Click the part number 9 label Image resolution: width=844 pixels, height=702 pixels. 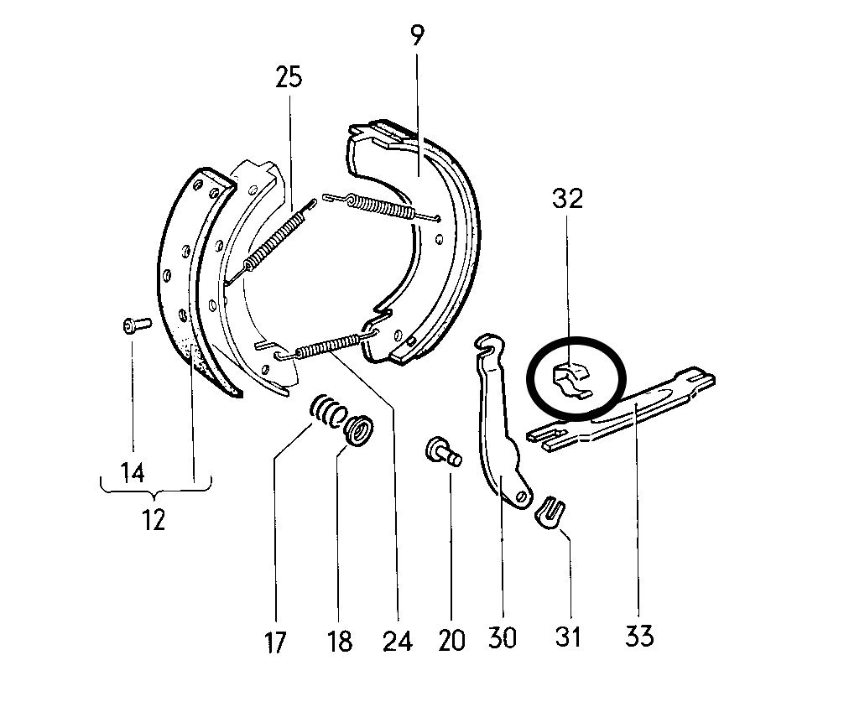pos(417,35)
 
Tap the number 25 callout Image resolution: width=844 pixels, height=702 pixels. pos(288,79)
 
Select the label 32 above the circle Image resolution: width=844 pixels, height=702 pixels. pos(567,199)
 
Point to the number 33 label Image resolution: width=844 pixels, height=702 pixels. pos(638,637)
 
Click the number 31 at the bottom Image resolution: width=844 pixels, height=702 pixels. pos(567,637)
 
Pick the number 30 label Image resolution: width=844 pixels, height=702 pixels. pos(503,639)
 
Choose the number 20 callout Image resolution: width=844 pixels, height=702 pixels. pos(451,642)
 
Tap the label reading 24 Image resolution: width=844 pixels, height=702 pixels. pos(397,642)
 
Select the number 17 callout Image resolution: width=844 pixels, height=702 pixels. pos(275,643)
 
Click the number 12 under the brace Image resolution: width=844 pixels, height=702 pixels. pos(154,520)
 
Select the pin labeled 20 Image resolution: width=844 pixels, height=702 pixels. pos(444,450)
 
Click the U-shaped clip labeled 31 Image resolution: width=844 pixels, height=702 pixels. pos(550,511)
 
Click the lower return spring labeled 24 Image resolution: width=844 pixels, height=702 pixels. pos(327,345)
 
